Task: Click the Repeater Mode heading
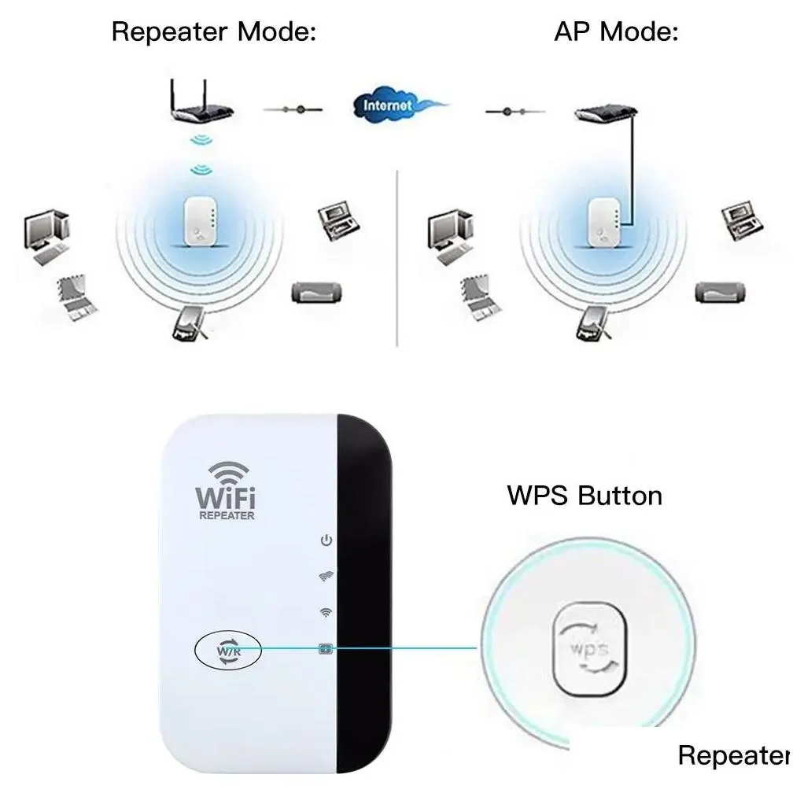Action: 213,32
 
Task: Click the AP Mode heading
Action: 616,32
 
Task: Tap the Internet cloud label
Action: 387,104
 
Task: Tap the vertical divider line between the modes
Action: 397,260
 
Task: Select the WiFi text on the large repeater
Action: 226,497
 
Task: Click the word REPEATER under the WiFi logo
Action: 226,516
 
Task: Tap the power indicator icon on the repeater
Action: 326,540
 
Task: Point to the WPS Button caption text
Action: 585,496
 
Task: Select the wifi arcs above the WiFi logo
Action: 227,474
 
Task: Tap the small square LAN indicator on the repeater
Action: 326,649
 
